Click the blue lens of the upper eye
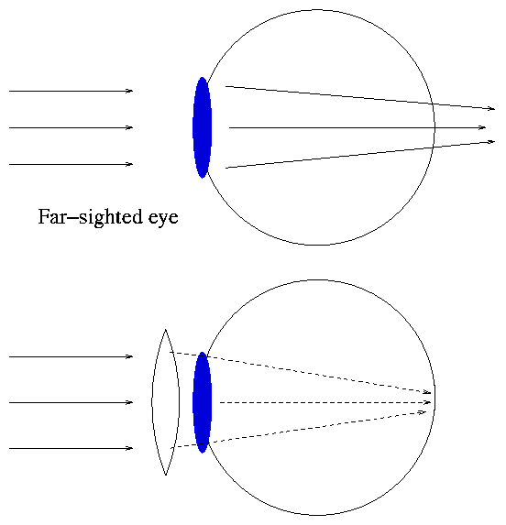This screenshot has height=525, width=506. click(203, 127)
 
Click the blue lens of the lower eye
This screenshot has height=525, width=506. click(203, 402)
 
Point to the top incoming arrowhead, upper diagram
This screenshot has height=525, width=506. click(129, 91)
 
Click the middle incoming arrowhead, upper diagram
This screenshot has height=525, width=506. click(129, 127)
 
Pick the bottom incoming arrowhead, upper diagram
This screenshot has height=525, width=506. click(129, 164)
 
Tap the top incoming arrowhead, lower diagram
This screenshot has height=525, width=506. click(129, 357)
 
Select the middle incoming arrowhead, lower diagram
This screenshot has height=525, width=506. click(129, 402)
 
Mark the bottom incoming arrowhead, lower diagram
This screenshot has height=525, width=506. click(129, 448)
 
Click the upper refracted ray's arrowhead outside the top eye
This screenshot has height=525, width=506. click(491, 108)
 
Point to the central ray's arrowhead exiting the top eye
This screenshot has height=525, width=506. click(482, 127)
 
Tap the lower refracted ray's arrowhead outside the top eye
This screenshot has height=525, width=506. click(491, 142)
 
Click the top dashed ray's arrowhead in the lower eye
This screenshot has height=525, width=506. click(427, 392)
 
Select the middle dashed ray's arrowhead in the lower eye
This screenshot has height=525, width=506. click(427, 402)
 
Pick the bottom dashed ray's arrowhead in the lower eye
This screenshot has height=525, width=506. click(423, 412)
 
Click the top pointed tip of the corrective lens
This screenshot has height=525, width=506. click(165, 330)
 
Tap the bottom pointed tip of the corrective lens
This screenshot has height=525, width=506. click(165, 476)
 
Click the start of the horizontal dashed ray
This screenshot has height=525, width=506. click(220, 402)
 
